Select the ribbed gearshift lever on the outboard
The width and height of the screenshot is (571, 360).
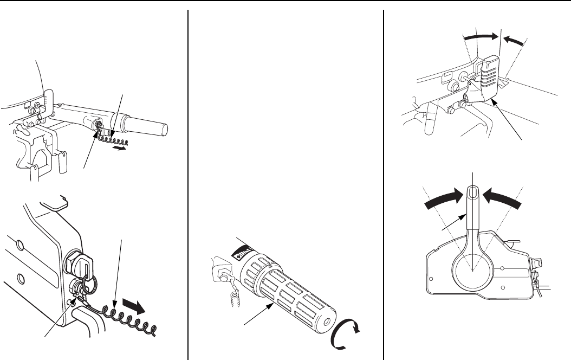pos(486,78)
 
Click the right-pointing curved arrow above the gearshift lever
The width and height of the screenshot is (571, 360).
pos(481,36)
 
